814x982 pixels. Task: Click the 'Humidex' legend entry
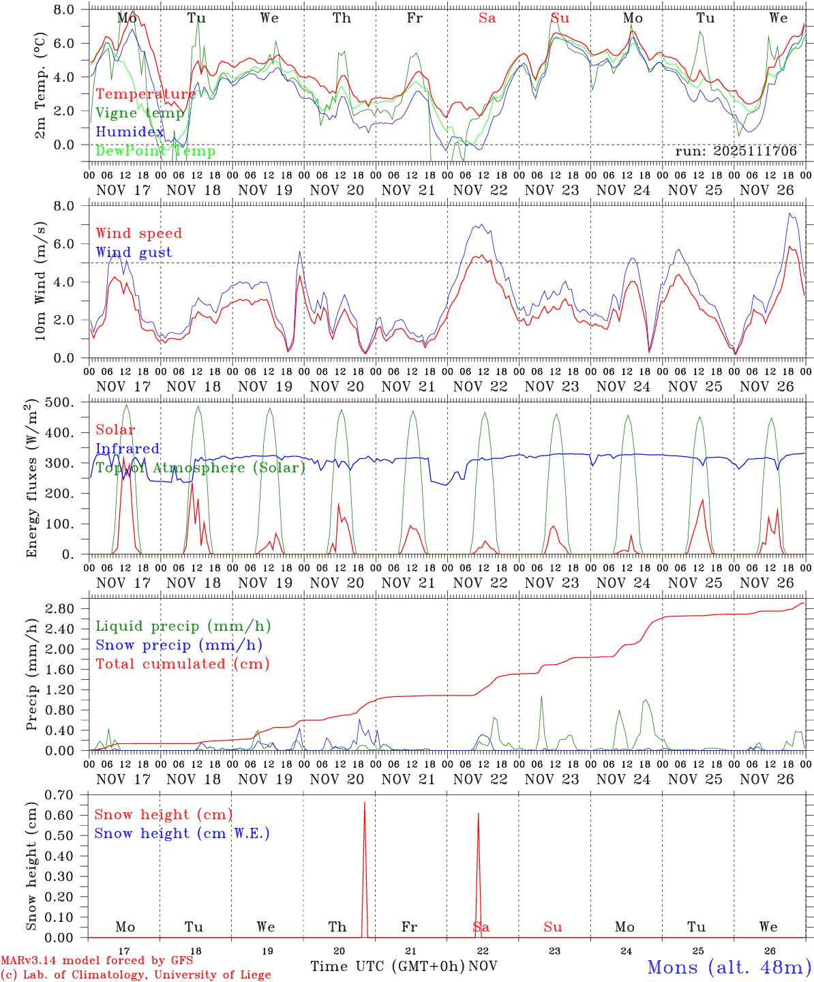pos(130,132)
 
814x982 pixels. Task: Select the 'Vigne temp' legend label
pos(140,113)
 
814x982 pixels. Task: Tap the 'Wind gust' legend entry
pos(134,252)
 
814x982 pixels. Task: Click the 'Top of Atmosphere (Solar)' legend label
pos(200,468)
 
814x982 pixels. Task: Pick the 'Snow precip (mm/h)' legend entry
pos(179,645)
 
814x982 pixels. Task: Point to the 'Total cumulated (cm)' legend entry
pos(182,664)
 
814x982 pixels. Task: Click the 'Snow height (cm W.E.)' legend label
pos(182,833)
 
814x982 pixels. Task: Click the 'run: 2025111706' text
pos(736,151)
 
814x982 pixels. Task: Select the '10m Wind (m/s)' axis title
pos(40,282)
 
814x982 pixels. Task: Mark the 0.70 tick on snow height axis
pos(68,794)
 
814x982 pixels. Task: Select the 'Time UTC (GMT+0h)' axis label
pos(387,966)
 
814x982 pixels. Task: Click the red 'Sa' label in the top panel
pos(487,18)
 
